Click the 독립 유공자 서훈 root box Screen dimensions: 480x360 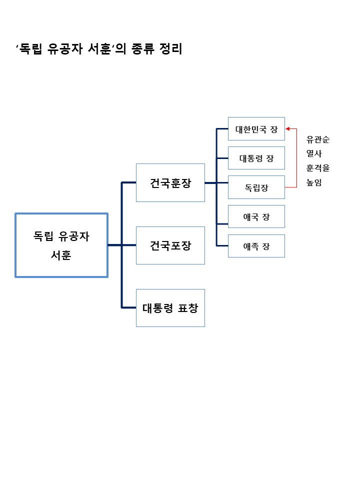(61, 245)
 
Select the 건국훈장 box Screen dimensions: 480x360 (170, 182)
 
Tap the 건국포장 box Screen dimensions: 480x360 (170, 245)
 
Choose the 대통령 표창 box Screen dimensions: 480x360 (170, 308)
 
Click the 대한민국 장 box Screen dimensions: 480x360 (256, 129)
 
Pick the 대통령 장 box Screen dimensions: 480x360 (256, 158)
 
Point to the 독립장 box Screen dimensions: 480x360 (256, 187)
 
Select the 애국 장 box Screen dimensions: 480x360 (256, 216)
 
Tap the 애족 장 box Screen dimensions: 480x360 (256, 246)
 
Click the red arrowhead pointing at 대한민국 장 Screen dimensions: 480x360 (287, 129)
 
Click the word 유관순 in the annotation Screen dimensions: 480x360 (318, 139)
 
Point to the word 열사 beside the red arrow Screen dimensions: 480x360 (314, 154)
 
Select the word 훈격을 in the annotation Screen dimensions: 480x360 (318, 168)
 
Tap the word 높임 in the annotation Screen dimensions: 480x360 (314, 183)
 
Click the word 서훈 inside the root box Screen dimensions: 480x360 (61, 254)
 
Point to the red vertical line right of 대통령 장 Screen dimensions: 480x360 (297, 158)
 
